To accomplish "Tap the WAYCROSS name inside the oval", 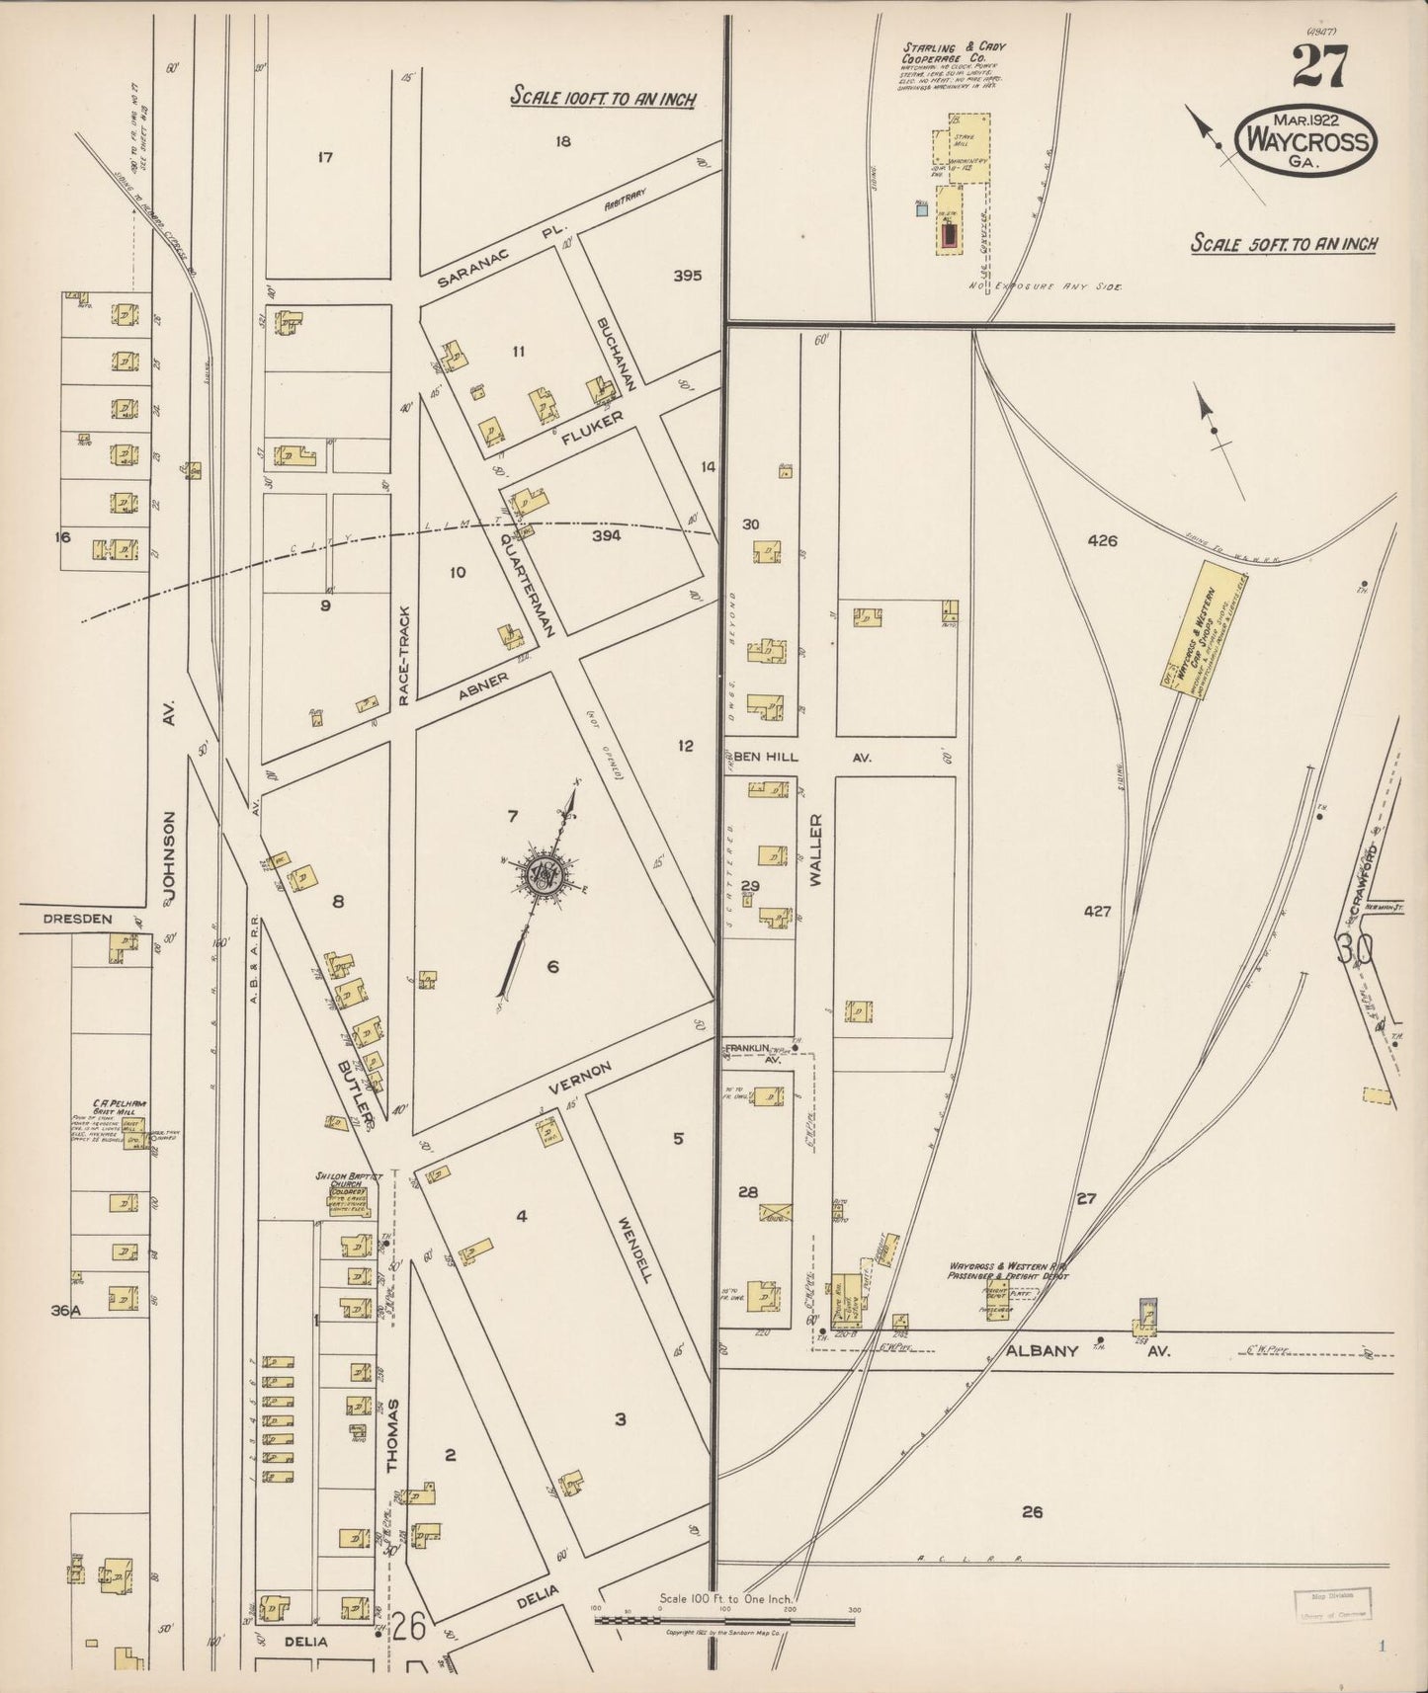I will tap(1306, 142).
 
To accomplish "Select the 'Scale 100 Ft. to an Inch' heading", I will tap(603, 98).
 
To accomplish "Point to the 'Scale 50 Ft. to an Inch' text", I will tap(1284, 243).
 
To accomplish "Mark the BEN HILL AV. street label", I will tap(797, 757).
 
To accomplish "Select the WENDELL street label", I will tap(633, 1248).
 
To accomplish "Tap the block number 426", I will tap(1101, 540).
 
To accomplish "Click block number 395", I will tap(687, 276).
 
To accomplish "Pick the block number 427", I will tap(1096, 912).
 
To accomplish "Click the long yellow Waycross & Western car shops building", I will tap(1196, 625).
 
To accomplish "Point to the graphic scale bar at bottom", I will tap(724, 1619).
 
